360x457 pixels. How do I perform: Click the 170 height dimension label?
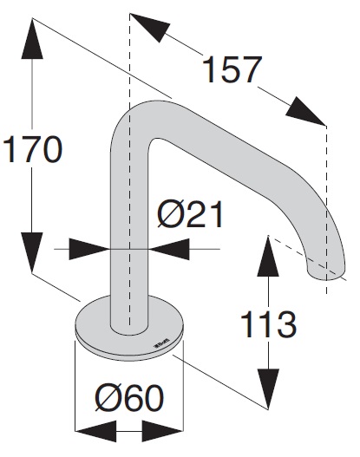click(x=32, y=149)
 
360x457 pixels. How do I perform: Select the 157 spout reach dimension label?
click(x=232, y=70)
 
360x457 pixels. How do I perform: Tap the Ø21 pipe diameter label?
click(x=190, y=214)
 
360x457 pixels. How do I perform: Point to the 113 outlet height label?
click(x=268, y=324)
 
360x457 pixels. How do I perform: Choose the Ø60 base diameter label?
click(x=129, y=398)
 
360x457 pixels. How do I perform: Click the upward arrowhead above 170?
click(x=32, y=38)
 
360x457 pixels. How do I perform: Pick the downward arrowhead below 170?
click(x=32, y=252)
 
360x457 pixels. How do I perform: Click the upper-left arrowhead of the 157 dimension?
click(x=150, y=28)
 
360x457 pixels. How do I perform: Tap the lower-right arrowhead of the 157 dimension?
click(x=305, y=111)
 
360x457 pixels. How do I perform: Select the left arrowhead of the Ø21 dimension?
click(x=89, y=249)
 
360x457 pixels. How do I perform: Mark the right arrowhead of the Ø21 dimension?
click(x=169, y=249)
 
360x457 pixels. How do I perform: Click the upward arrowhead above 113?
click(x=268, y=256)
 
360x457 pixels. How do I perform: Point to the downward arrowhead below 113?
click(x=268, y=389)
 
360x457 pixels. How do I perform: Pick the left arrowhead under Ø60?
click(x=95, y=431)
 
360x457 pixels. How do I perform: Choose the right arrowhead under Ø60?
click(x=163, y=431)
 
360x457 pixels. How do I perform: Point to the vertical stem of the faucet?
click(x=129, y=233)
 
